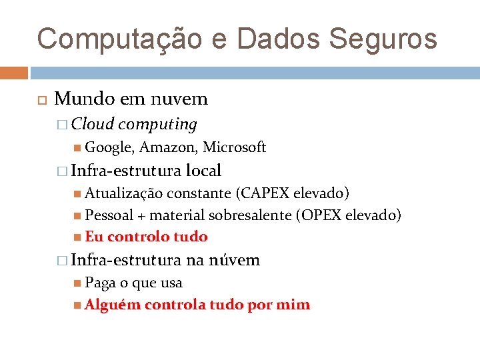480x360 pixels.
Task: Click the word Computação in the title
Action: click(119, 39)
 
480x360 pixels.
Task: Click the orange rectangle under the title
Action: click(14, 73)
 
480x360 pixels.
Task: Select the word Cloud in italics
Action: click(93, 124)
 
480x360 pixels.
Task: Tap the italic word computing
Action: click(157, 124)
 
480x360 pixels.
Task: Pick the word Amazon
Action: click(167, 147)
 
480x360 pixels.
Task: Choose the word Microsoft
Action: click(234, 147)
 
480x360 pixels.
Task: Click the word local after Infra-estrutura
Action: click(203, 171)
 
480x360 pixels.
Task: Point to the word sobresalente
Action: click(250, 215)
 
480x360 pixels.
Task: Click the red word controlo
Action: click(138, 237)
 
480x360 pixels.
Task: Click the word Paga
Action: click(100, 283)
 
